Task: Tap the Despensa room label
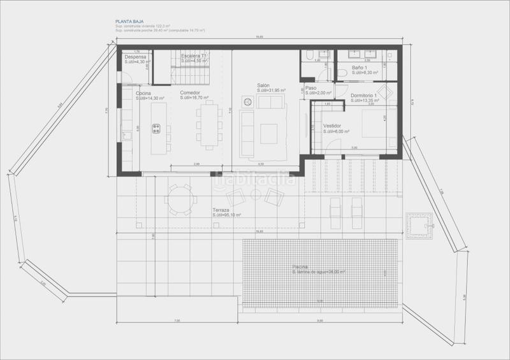click(136, 56)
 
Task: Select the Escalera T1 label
click(194, 56)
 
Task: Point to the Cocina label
click(143, 93)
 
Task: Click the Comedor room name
click(190, 93)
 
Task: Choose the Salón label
click(264, 85)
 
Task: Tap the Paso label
click(311, 88)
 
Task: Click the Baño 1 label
click(360, 68)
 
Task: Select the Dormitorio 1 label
click(363, 95)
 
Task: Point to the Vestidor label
click(333, 126)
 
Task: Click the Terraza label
click(221, 210)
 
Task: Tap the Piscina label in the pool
click(300, 266)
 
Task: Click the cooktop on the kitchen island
click(156, 129)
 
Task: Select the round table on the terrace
click(178, 197)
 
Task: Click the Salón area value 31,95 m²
click(271, 90)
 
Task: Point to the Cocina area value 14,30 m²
click(150, 99)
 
